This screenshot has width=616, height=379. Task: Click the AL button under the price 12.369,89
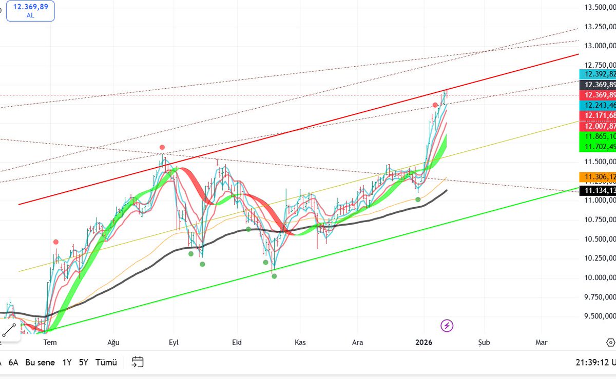[x=30, y=15]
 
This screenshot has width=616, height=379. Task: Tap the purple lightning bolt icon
[x=447, y=325]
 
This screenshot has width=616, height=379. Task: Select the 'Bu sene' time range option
[x=40, y=363]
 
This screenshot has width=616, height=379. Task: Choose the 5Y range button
[x=84, y=363]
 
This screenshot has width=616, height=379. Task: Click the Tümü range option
[x=106, y=363]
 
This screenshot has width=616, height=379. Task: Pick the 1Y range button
[x=67, y=363]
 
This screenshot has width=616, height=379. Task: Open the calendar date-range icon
[x=137, y=363]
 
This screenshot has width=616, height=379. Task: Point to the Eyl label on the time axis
[x=174, y=342]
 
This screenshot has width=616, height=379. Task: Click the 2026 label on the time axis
[x=424, y=342]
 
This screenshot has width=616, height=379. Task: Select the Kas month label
[x=300, y=342]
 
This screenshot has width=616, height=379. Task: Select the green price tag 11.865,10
[x=597, y=136]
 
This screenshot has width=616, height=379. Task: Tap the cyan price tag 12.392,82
[x=597, y=74]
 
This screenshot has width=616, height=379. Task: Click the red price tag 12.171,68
[x=597, y=115]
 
